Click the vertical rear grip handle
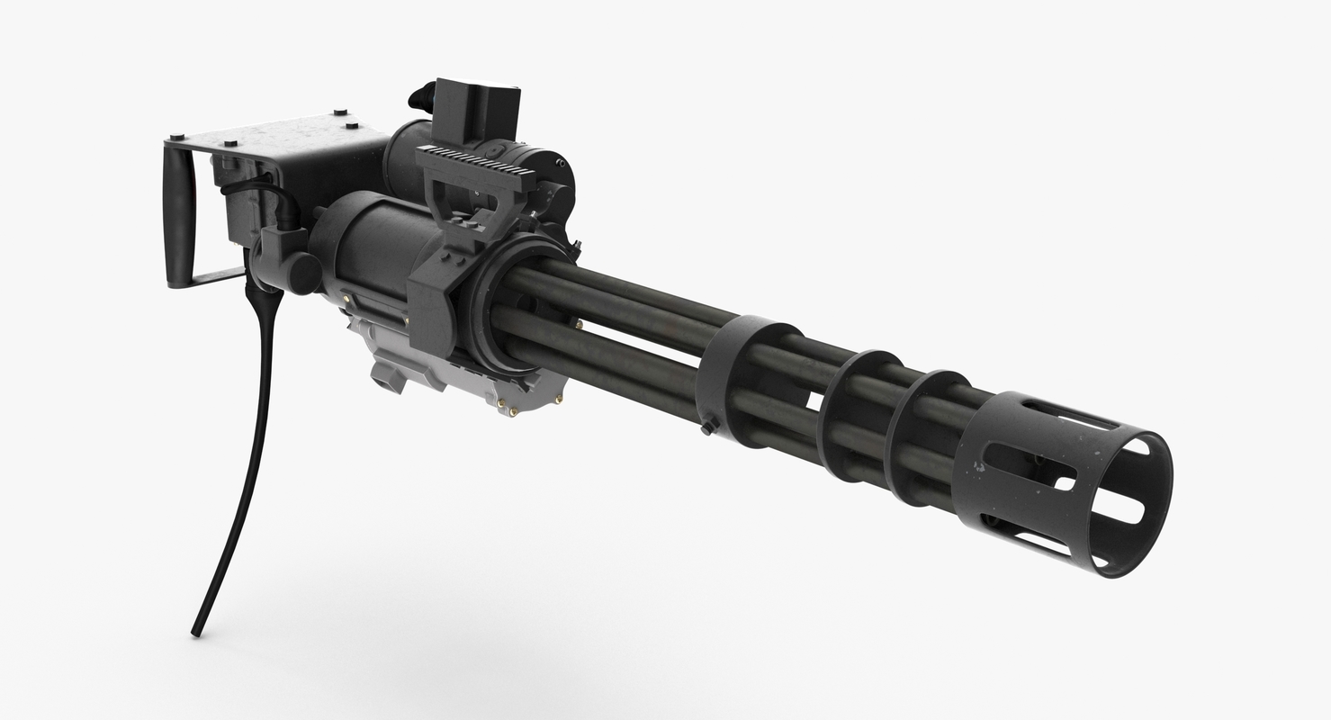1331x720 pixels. click(179, 215)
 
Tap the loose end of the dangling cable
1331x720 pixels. click(195, 632)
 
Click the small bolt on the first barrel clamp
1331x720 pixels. click(708, 425)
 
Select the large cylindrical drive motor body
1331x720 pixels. click(369, 261)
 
